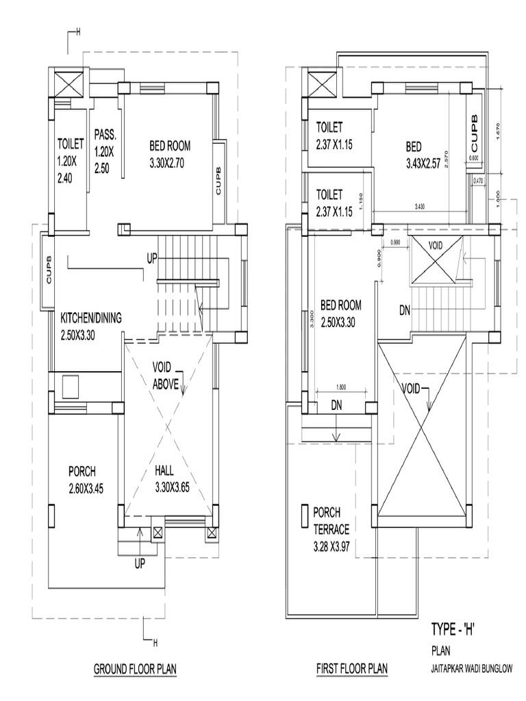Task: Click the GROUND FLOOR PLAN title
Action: click(135, 668)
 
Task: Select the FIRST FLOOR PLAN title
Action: click(351, 668)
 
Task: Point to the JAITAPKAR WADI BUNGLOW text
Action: click(471, 668)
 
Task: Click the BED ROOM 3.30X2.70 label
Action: click(170, 154)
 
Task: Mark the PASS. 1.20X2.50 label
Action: click(105, 151)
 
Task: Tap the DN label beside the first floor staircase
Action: click(405, 310)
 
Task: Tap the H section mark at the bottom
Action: click(155, 643)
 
